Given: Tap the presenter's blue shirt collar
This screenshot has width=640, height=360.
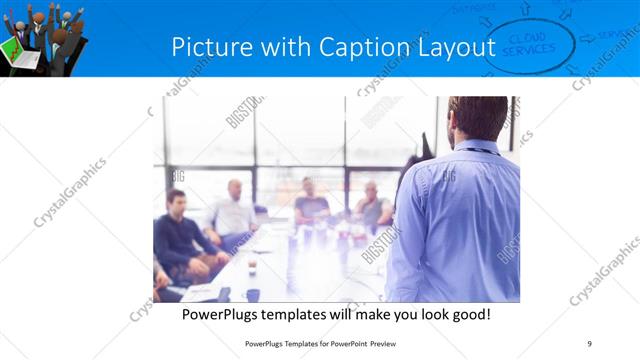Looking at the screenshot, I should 478,146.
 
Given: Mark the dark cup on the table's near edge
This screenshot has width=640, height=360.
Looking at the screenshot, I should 252,295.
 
